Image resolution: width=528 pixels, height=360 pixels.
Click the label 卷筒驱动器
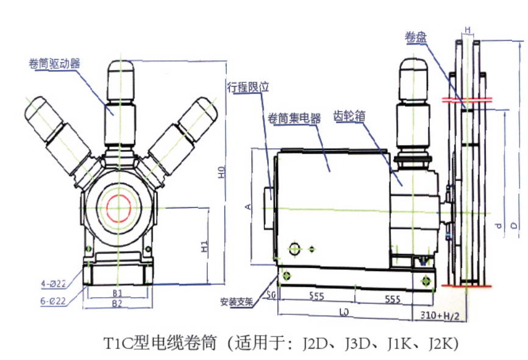[x=55, y=63]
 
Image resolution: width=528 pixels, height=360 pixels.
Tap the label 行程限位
[x=248, y=87]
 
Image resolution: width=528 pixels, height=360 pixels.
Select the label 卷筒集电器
[x=294, y=118]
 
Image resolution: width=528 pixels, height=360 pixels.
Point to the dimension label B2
[x=117, y=302]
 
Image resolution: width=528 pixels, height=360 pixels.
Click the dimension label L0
[x=344, y=312]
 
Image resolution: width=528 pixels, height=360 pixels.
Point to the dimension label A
[x=248, y=206]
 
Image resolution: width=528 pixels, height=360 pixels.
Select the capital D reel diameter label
[x=514, y=226]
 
